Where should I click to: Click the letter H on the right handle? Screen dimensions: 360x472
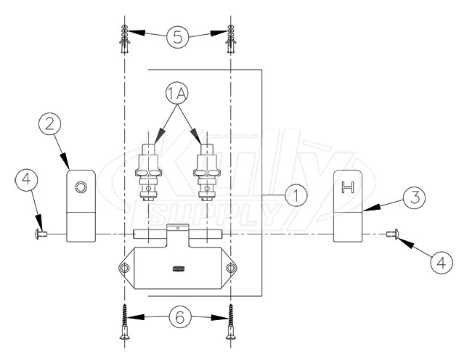coord(348,189)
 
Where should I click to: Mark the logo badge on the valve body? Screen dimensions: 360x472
coord(178,269)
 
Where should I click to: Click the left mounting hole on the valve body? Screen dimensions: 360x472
coord(126,269)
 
